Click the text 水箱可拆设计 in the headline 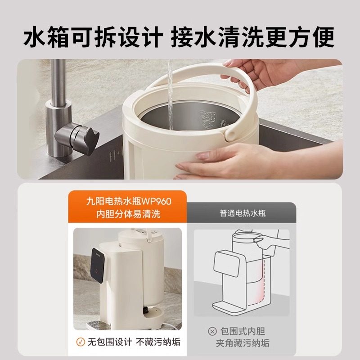pos(92,37)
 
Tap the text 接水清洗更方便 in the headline pos(252,37)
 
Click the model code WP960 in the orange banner pos(156,201)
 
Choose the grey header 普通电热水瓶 pos(243,213)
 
